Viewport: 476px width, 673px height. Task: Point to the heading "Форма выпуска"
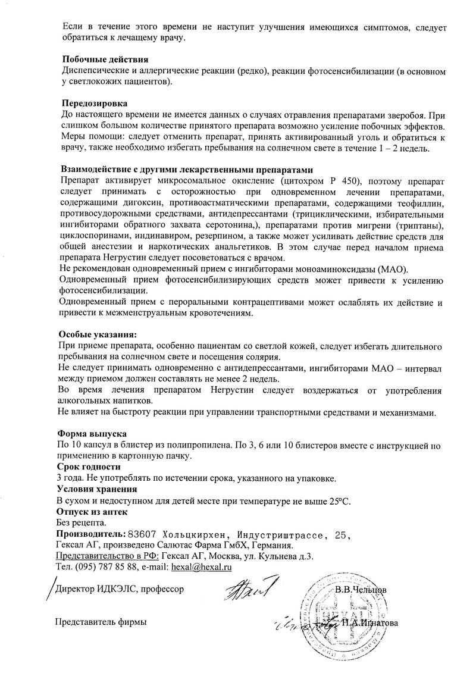point(91,433)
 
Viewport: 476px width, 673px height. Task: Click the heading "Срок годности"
point(88,467)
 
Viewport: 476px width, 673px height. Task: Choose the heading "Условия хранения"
point(96,489)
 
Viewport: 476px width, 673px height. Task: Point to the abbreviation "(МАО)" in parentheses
point(390,270)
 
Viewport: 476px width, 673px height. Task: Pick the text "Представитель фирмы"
point(100,622)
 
